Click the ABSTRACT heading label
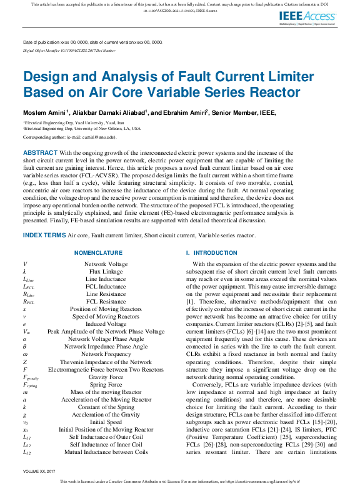[x=40, y=152]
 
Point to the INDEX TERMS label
[x=44, y=235]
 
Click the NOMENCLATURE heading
[x=98, y=253]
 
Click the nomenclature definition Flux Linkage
[x=106, y=272]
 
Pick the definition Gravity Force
[x=106, y=378]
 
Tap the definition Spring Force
[x=106, y=385]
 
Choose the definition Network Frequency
[x=106, y=355]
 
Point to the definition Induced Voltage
[x=106, y=325]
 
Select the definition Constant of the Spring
[x=106, y=407]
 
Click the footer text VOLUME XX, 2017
[x=39, y=471]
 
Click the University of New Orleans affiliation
[x=81, y=128]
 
